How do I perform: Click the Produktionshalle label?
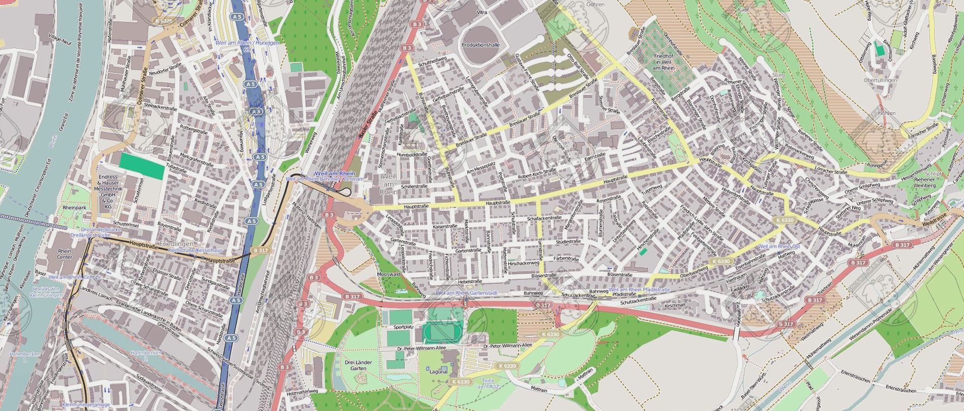pyautogui.click(x=480, y=45)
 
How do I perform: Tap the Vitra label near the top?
pyautogui.click(x=482, y=12)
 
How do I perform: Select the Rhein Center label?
pyautogui.click(x=64, y=254)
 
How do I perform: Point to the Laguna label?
pyautogui.click(x=438, y=371)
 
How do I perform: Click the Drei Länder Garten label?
pyautogui.click(x=358, y=365)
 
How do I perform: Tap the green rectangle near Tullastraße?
pyautogui.click(x=142, y=166)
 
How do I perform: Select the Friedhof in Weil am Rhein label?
pyautogui.click(x=664, y=62)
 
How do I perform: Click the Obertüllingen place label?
pyautogui.click(x=880, y=80)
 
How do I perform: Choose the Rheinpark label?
pyautogui.click(x=74, y=208)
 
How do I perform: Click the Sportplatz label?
pyautogui.click(x=403, y=327)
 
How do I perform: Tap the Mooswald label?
pyautogui.click(x=388, y=274)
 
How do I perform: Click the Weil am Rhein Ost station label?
pyautogui.click(x=779, y=246)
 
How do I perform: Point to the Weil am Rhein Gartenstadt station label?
pyautogui.click(x=466, y=293)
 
